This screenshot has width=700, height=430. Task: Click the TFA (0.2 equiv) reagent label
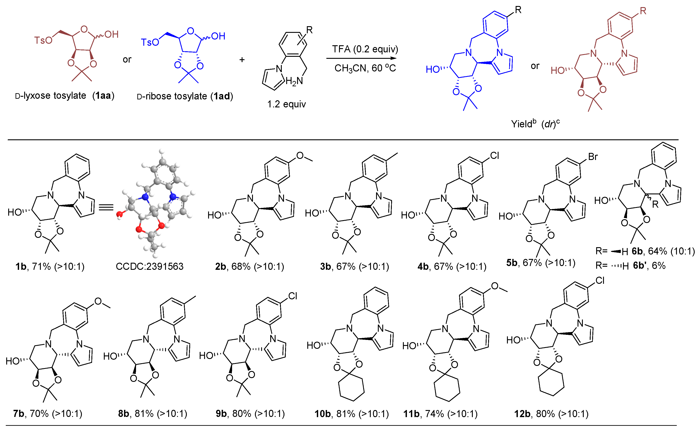pyautogui.click(x=365, y=49)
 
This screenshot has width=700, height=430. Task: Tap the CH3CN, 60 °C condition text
pyautogui.click(x=365, y=68)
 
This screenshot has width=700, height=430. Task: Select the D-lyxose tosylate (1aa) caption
pyautogui.click(x=65, y=96)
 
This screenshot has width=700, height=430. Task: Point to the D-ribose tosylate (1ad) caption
pyautogui.click(x=185, y=97)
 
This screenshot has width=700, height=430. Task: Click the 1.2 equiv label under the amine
pyautogui.click(x=286, y=104)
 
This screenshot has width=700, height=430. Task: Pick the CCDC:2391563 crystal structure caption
pyautogui.click(x=150, y=266)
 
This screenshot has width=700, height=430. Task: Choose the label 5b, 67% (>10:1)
pyautogui.click(x=541, y=263)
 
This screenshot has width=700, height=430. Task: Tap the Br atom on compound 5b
pyautogui.click(x=593, y=157)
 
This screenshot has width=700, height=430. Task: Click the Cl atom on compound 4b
pyautogui.click(x=494, y=156)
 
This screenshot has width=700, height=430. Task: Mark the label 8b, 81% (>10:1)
pyautogui.click(x=153, y=414)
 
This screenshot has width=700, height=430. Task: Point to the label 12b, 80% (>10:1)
pyautogui.click(x=551, y=414)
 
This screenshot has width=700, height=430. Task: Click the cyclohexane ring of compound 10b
pyautogui.click(x=351, y=389)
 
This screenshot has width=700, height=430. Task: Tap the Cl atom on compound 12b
pyautogui.click(x=600, y=281)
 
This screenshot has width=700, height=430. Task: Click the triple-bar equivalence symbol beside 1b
pyautogui.click(x=106, y=207)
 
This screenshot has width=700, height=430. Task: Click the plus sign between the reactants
pyautogui.click(x=242, y=60)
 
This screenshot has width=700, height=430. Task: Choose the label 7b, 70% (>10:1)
pyautogui.click(x=48, y=414)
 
